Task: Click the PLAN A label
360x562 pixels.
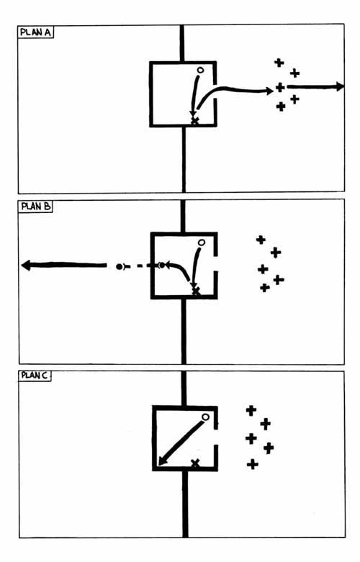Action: (x=35, y=32)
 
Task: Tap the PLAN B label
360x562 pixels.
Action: (x=36, y=207)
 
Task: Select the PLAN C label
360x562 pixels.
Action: (x=35, y=375)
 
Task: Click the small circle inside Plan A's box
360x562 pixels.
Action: (x=200, y=71)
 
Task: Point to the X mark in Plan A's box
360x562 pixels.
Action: (x=194, y=121)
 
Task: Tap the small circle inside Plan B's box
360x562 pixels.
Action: (x=202, y=243)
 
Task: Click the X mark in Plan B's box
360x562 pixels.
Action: (x=195, y=291)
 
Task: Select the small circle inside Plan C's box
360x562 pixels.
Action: (x=205, y=417)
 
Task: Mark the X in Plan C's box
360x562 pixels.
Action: (x=195, y=463)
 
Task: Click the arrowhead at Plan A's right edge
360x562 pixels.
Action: (x=340, y=86)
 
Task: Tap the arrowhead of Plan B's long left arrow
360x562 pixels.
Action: (x=26, y=266)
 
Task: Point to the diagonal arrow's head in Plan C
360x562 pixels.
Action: (x=163, y=461)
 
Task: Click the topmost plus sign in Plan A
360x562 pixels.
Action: (x=279, y=63)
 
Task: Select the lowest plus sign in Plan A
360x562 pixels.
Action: (x=281, y=106)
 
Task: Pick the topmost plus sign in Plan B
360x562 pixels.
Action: (x=261, y=240)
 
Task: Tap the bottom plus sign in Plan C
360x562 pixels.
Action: (x=253, y=465)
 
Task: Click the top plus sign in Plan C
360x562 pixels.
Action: (x=251, y=410)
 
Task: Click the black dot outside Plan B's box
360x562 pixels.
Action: (x=119, y=267)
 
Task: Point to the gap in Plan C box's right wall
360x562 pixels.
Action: (x=216, y=437)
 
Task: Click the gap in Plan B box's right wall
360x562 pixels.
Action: (x=215, y=263)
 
